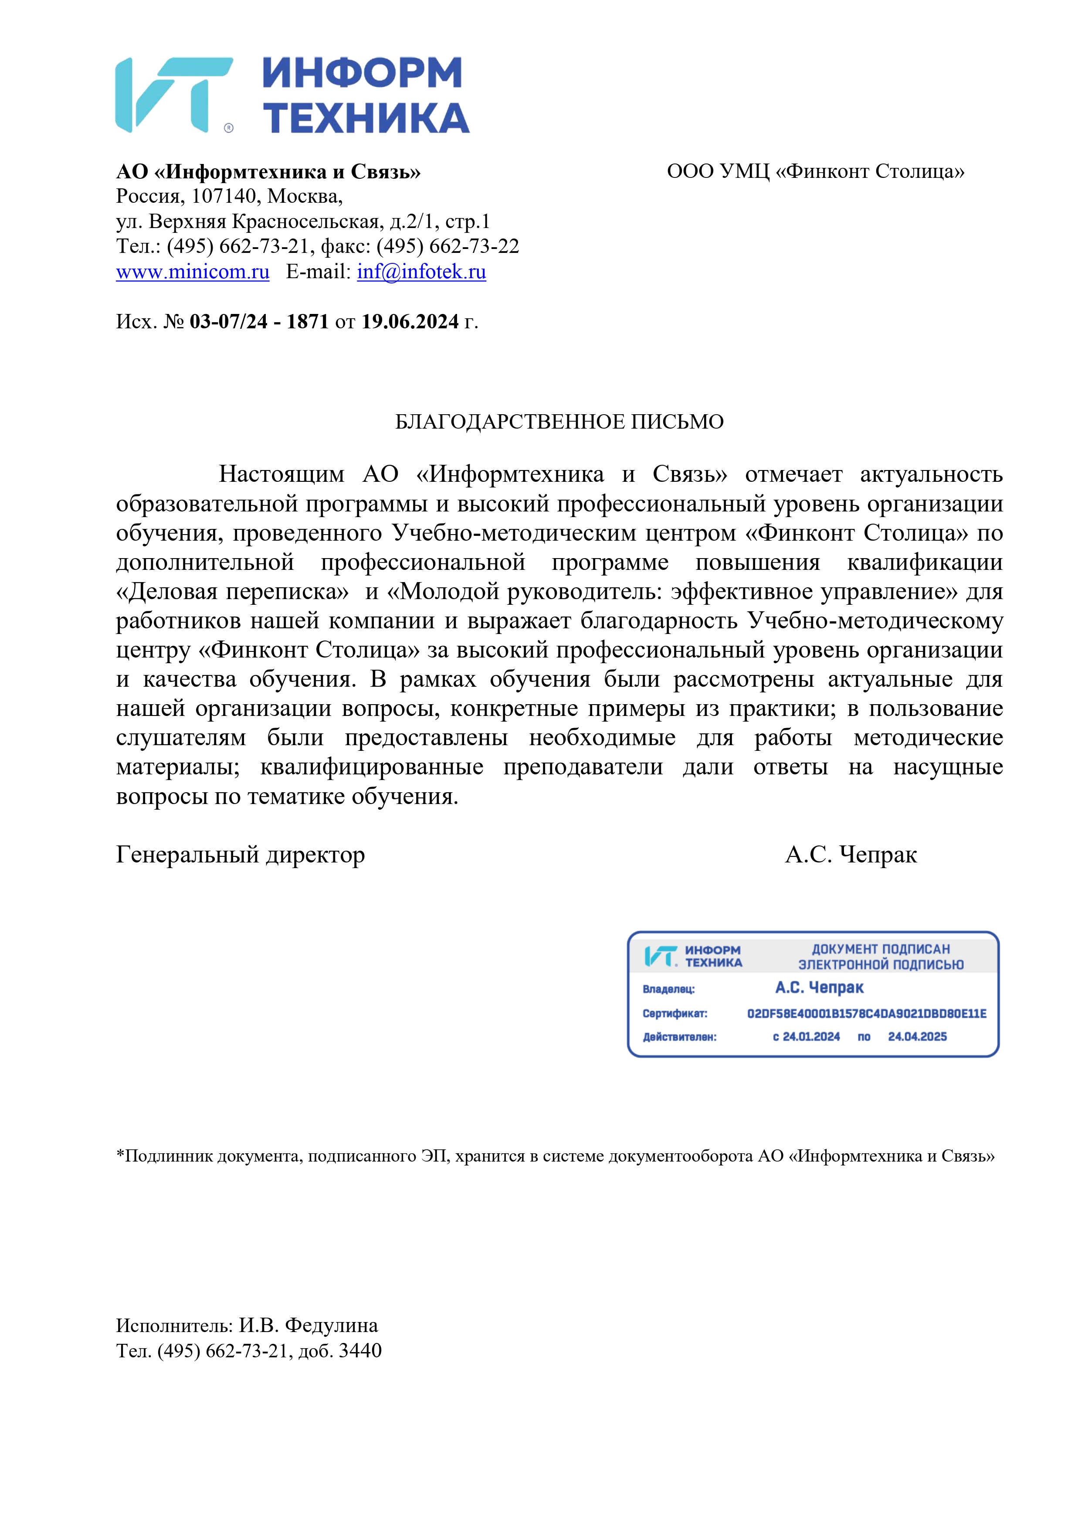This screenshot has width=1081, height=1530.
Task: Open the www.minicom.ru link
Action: coord(193,272)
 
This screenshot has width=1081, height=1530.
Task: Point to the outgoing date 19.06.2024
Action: coord(410,322)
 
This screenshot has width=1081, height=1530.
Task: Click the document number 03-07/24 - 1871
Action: coord(259,322)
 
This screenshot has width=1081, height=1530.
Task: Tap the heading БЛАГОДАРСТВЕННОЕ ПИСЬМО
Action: coord(559,422)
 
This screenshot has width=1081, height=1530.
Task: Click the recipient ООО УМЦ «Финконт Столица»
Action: coord(815,172)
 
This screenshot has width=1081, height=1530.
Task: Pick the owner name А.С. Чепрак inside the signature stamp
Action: coord(819,988)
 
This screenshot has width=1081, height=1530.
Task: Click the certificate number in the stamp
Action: coord(867,1014)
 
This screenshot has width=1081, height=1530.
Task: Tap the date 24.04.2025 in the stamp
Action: coord(917,1036)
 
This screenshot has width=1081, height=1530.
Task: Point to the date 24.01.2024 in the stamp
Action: coord(806,1036)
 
